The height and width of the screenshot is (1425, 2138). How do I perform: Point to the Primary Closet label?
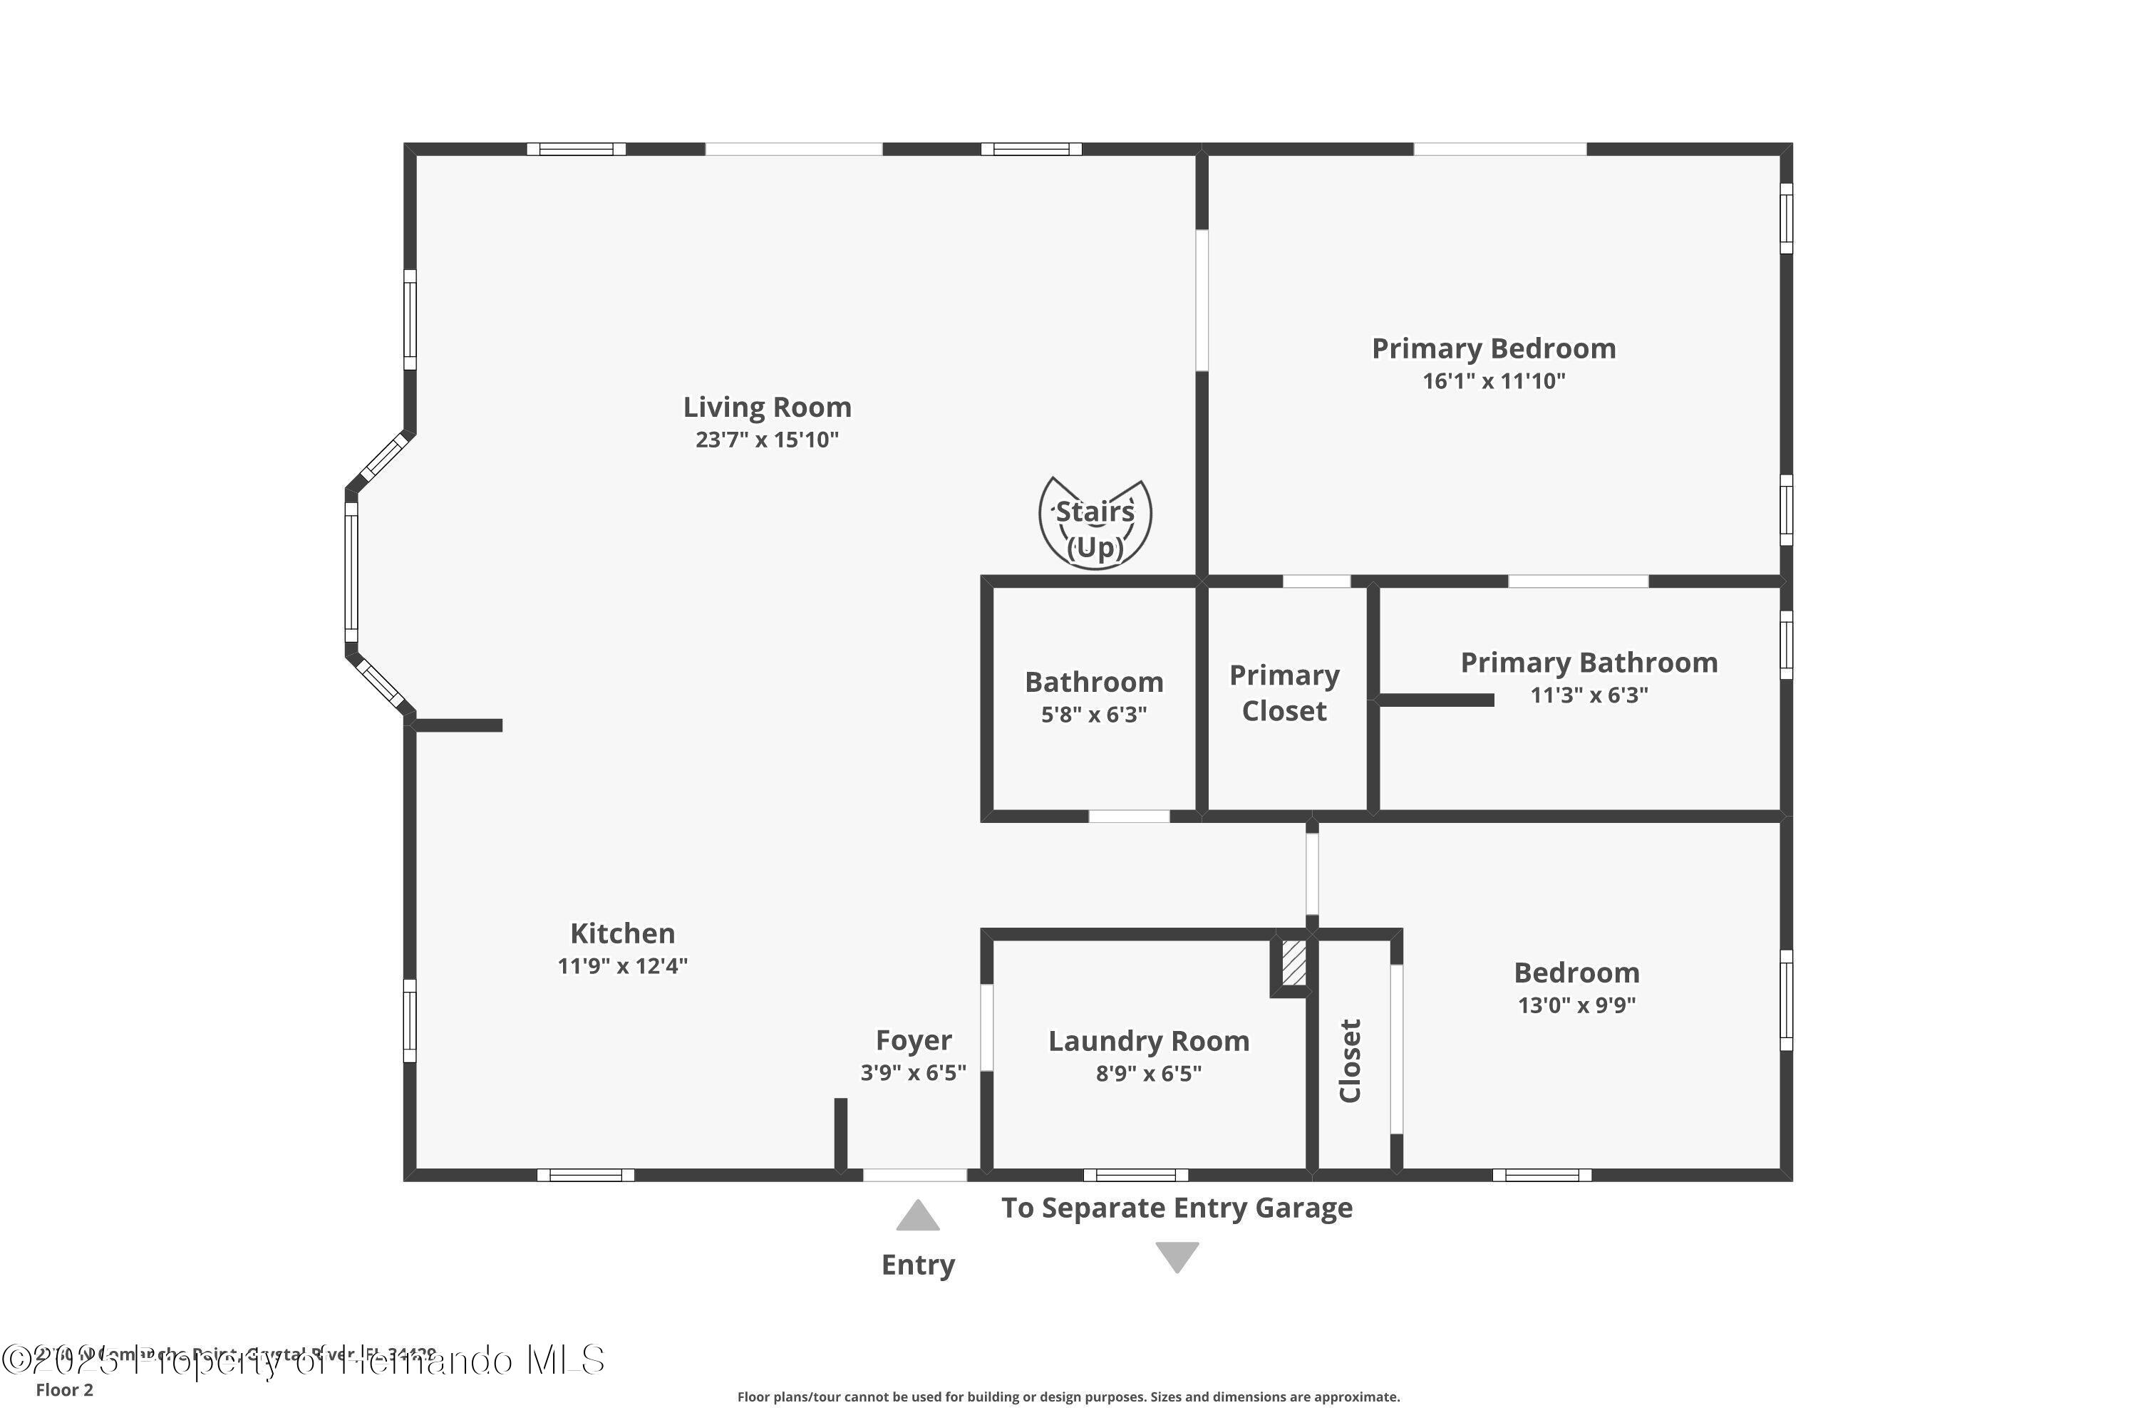[1284, 693]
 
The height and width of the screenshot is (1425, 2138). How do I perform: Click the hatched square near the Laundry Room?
[1293, 963]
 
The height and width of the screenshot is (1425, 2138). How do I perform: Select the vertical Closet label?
[1350, 1061]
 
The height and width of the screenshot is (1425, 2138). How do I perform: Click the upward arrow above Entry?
[917, 1216]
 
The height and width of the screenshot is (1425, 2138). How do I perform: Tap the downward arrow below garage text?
[1177, 1257]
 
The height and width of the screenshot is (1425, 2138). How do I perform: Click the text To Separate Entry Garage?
[1177, 1208]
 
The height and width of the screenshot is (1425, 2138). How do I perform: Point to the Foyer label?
[913, 1040]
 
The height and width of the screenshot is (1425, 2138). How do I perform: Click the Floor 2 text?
[65, 1389]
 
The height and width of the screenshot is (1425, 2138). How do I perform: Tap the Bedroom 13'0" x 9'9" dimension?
[1576, 1005]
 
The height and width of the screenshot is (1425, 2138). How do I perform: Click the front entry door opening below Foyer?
[914, 1175]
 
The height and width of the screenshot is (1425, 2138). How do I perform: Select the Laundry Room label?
[1148, 1040]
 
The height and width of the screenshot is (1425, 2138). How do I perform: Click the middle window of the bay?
[351, 573]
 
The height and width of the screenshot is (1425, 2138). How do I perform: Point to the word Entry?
[917, 1265]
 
